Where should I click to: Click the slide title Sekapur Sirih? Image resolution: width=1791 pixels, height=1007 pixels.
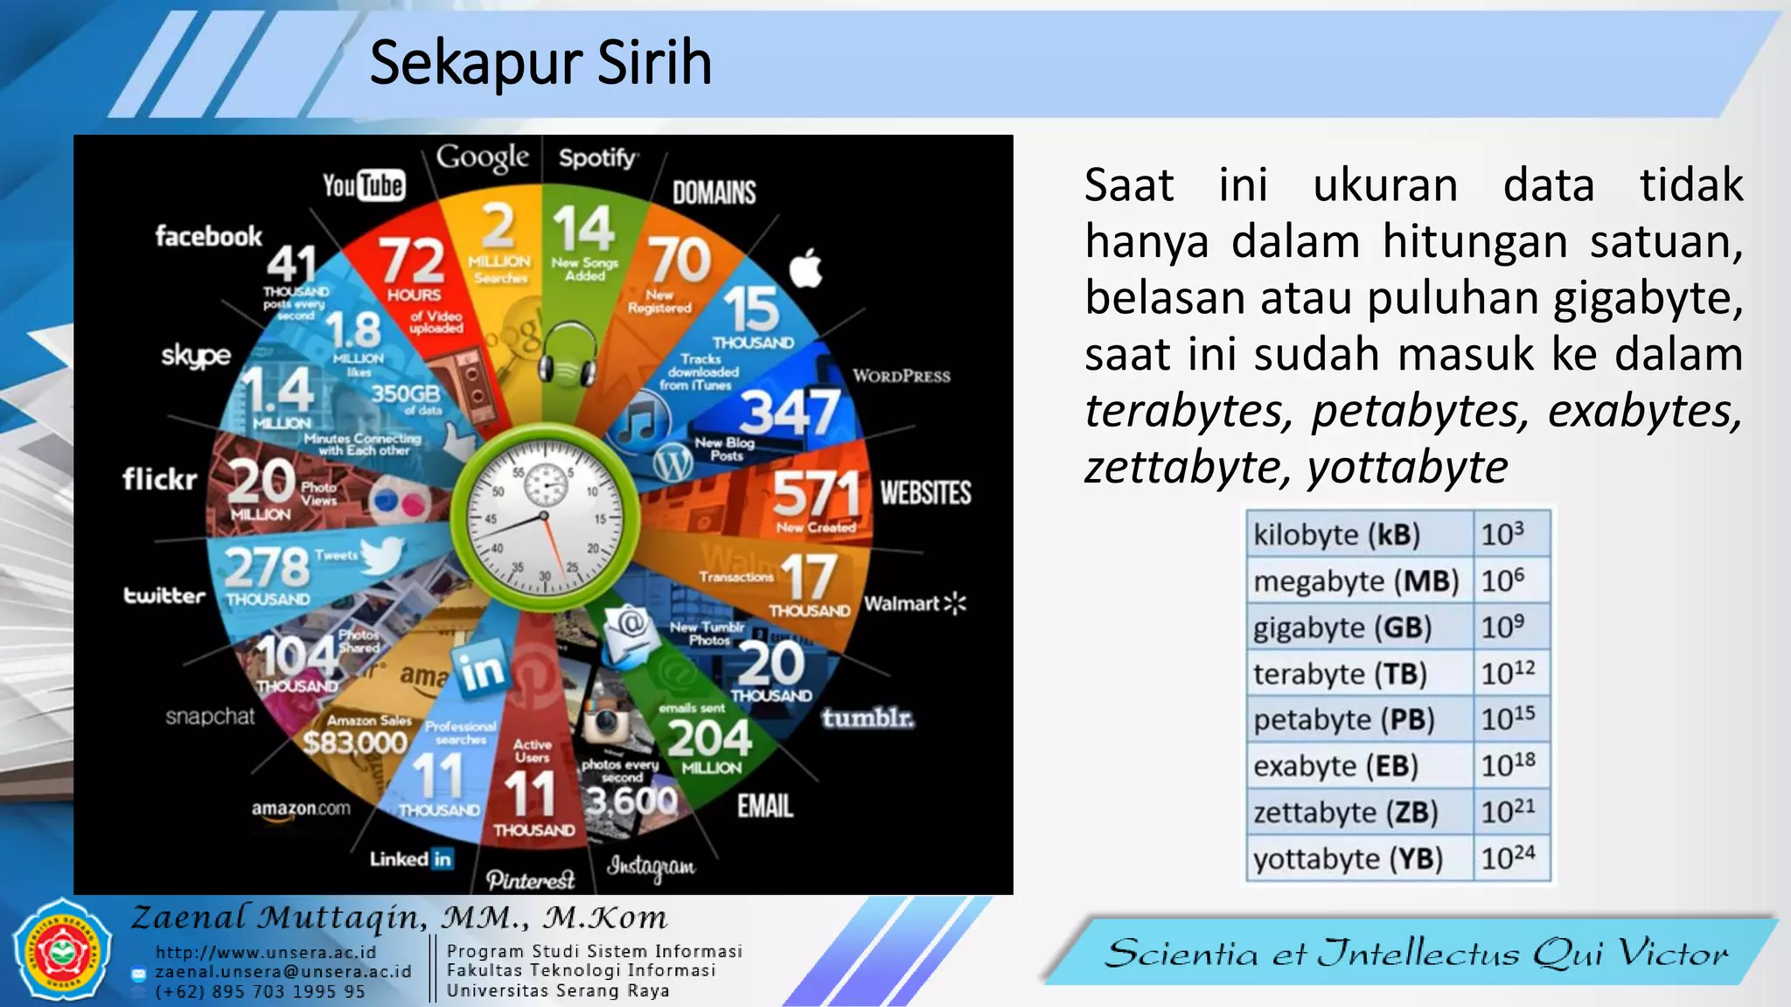(x=540, y=63)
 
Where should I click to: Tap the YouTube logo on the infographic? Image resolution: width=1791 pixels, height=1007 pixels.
(x=363, y=185)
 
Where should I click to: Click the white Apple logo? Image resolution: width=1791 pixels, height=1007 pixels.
(x=805, y=268)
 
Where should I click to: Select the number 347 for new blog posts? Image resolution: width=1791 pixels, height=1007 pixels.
(x=790, y=412)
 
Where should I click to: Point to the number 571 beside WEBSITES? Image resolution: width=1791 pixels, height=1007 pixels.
(x=817, y=494)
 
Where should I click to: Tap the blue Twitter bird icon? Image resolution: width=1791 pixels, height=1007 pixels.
(x=382, y=555)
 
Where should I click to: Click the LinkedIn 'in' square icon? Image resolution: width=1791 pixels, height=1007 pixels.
(x=479, y=669)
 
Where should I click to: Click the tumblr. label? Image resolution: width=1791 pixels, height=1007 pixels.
(x=868, y=718)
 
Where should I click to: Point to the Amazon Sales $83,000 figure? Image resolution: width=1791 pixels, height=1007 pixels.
(x=355, y=743)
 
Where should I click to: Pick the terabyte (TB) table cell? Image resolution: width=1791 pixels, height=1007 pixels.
(x=1359, y=674)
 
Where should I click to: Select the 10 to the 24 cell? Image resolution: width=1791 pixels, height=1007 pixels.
(x=1510, y=858)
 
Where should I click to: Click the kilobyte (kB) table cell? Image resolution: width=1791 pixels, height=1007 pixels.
(x=1359, y=534)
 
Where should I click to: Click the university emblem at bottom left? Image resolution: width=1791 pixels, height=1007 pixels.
(x=61, y=951)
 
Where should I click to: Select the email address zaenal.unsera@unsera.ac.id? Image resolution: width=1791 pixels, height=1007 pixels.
(x=282, y=972)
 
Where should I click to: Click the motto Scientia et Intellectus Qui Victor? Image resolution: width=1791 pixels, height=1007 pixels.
(x=1416, y=953)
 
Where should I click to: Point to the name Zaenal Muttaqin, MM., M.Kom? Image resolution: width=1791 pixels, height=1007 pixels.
(x=399, y=918)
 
